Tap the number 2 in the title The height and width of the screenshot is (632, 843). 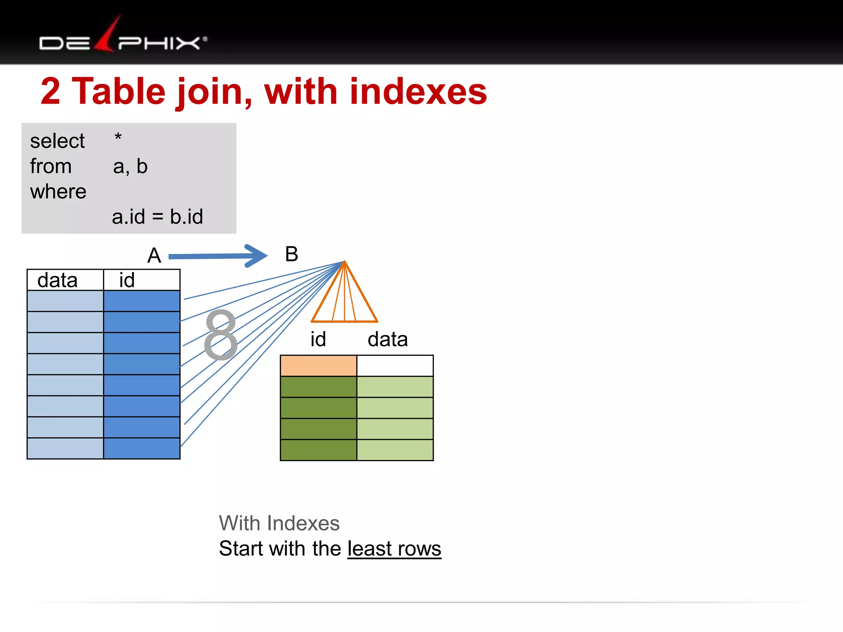pos(50,92)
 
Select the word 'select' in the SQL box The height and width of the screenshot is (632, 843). pos(57,141)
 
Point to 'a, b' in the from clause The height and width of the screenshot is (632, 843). pos(130,167)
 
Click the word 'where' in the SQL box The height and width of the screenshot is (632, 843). pos(58,192)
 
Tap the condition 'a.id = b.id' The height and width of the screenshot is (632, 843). pos(157,217)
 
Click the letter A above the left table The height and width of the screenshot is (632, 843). pos(154,256)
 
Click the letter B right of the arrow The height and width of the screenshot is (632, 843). pos(291,254)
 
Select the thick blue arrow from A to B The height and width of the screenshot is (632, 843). pos(218,256)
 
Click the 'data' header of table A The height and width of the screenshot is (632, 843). pos(58,281)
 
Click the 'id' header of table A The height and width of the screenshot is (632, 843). pos(127,281)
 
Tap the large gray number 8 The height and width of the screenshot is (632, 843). pos(221,335)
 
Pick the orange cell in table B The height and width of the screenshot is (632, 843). pos(318,366)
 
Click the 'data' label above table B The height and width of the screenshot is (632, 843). pos(387,339)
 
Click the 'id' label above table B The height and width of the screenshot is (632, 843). pos(318,339)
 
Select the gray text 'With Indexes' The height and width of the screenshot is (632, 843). pos(279,523)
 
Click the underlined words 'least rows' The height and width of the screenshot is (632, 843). pos(394,549)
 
